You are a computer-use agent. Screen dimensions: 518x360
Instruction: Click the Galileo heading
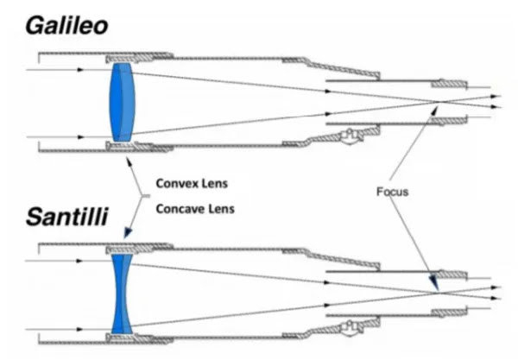tap(66, 26)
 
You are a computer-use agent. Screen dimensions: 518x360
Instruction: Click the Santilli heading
tap(67, 217)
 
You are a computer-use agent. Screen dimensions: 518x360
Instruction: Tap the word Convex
tap(178, 183)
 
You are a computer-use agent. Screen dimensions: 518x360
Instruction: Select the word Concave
tap(180, 209)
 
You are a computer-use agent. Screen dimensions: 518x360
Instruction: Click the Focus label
tap(393, 192)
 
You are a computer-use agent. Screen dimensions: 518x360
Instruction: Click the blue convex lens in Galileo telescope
tap(122, 103)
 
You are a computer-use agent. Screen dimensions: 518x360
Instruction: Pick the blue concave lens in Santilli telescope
tap(122, 294)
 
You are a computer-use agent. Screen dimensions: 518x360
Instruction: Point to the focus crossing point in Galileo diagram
tap(439, 102)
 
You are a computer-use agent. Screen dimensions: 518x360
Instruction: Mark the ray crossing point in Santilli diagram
tap(439, 293)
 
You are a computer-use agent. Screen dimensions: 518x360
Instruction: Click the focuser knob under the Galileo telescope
tap(351, 136)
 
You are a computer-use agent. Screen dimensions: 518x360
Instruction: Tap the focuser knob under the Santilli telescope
tap(351, 328)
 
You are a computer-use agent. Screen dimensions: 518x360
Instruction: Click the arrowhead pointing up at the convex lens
tap(129, 161)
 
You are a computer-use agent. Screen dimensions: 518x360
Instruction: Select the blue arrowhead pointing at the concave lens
tap(128, 233)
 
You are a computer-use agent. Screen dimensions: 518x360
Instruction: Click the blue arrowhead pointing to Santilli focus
tap(433, 283)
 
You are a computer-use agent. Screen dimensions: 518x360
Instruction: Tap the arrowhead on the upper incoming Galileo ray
tap(80, 70)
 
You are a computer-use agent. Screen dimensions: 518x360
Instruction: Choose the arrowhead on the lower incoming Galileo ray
tap(80, 137)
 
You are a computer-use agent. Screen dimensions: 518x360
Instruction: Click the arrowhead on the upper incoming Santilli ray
tap(79, 261)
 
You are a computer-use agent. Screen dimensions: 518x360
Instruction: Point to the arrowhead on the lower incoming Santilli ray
tap(79, 329)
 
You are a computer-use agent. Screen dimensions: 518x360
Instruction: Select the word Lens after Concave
tap(222, 209)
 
